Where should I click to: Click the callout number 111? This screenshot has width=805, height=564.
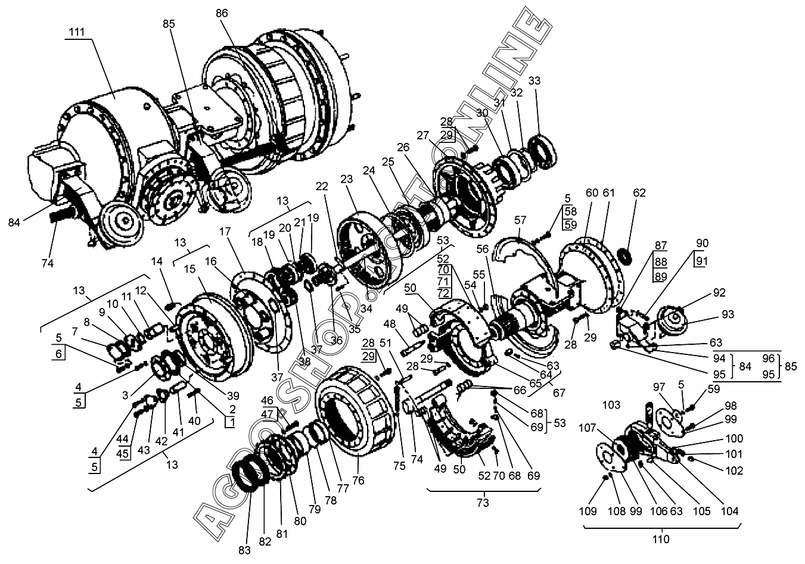click(76, 32)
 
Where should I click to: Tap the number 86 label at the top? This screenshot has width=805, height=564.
click(222, 13)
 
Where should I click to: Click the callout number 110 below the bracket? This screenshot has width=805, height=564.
click(661, 539)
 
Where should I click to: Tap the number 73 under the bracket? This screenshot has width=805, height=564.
click(483, 503)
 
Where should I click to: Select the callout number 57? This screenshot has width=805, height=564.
click(520, 220)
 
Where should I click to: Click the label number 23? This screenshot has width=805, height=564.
click(346, 179)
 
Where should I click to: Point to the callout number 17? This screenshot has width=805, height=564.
click(225, 231)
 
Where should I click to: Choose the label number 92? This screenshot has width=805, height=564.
click(719, 292)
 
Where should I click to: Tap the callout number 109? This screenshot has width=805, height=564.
click(588, 511)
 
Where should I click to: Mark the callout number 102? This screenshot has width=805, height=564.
click(734, 470)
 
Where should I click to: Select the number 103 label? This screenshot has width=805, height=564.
click(611, 405)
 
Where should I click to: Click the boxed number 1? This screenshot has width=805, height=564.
click(231, 422)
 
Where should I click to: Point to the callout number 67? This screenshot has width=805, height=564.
click(559, 392)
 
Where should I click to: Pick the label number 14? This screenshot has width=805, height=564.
click(157, 261)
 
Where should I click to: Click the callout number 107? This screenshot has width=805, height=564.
click(588, 428)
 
